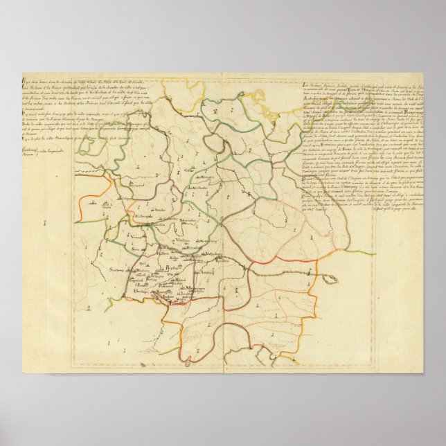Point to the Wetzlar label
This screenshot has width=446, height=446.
159,209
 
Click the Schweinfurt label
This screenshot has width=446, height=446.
188,220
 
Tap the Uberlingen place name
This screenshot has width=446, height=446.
137,292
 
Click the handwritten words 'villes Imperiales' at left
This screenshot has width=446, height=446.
43,147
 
